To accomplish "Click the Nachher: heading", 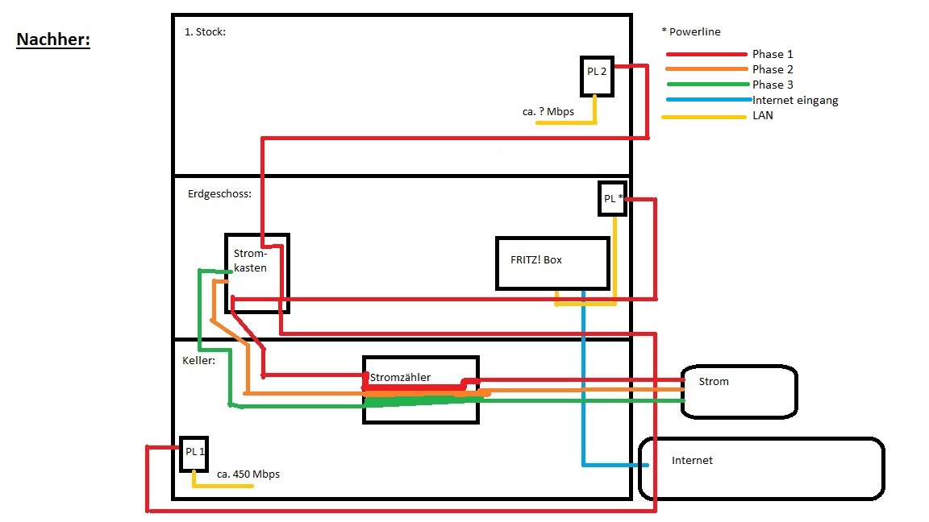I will tap(53, 40).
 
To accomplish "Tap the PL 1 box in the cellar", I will tap(194, 454).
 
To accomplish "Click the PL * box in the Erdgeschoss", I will tap(612, 198).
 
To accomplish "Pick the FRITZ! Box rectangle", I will tap(552, 263).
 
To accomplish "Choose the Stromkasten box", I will tap(256, 273).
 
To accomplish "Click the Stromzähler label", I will tap(400, 377).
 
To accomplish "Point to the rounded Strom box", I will tap(739, 391).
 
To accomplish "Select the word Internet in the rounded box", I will tap(692, 461).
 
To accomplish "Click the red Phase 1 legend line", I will tap(706, 55).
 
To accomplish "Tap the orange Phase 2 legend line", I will tap(706, 70).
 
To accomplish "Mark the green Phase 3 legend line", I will tap(706, 85).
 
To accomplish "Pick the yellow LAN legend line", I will tap(703, 118).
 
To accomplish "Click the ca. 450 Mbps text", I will tap(248, 474).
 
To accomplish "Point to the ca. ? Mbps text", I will tap(548, 112).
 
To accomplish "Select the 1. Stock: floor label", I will tap(205, 31).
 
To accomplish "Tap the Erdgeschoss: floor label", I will tap(219, 194).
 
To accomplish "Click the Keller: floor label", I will tap(199, 361).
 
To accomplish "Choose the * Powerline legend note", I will tap(690, 32).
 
